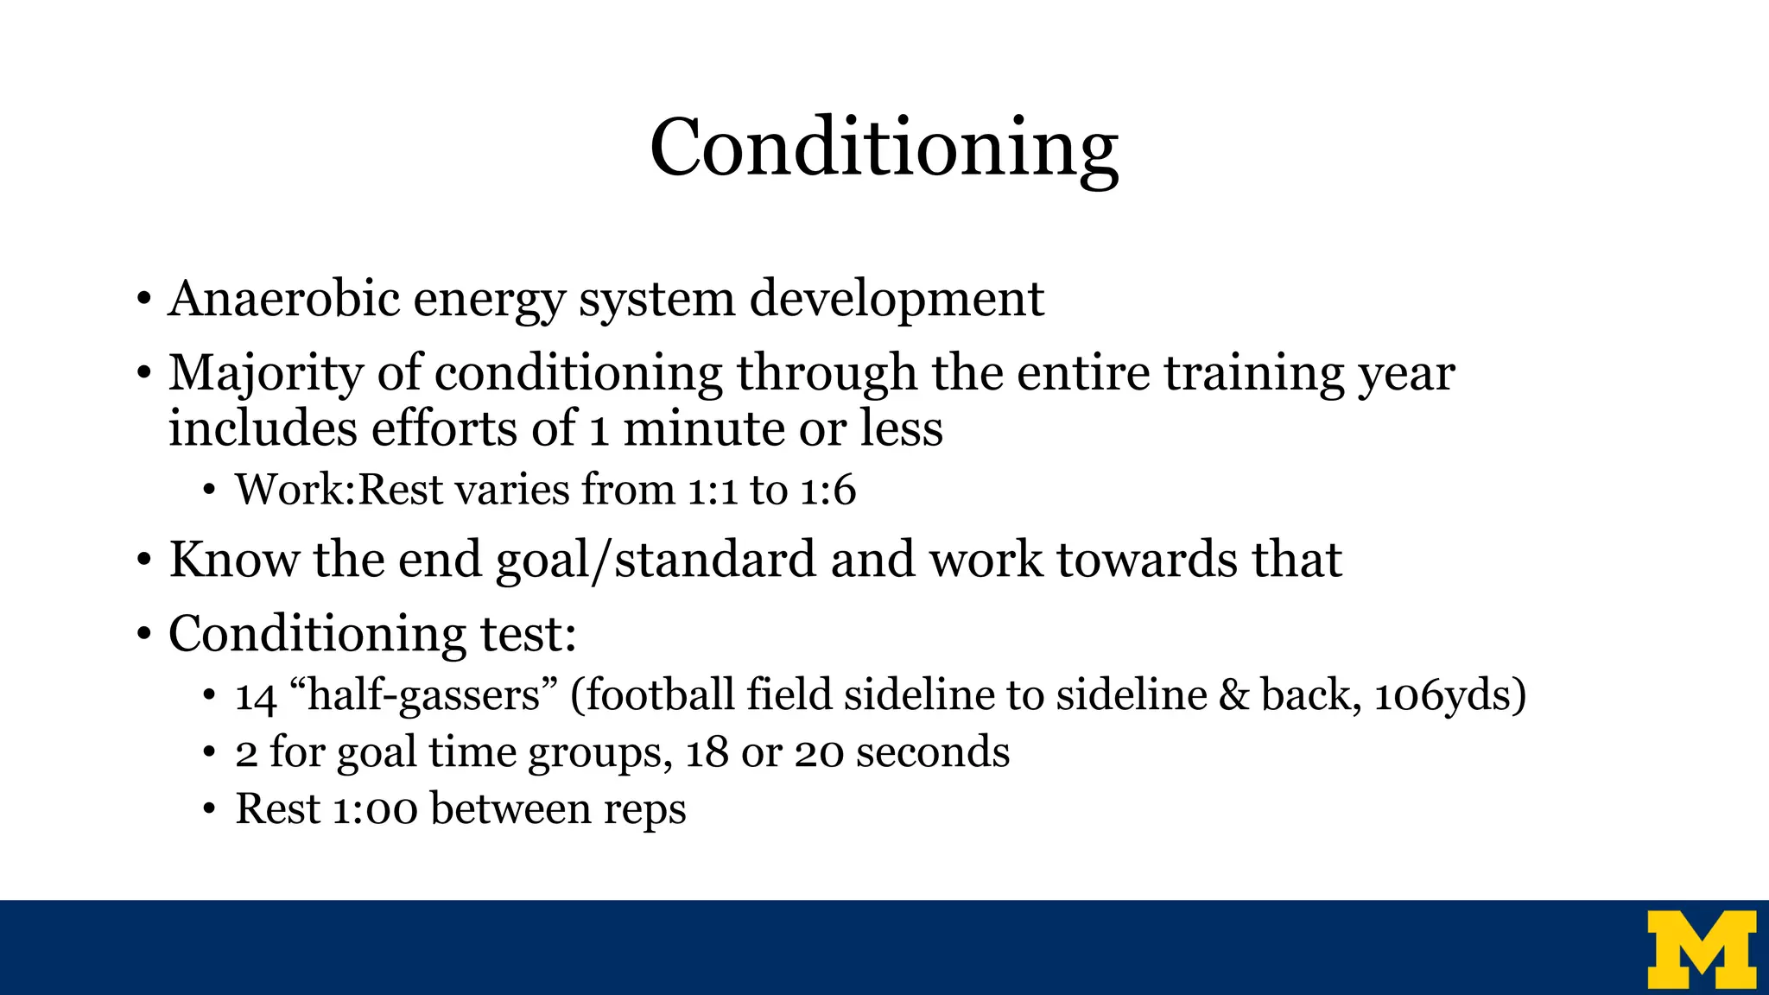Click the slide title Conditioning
click(x=884, y=149)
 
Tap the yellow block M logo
click(x=1701, y=948)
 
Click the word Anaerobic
click(x=284, y=299)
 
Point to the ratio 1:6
click(x=827, y=490)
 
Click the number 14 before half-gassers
click(x=255, y=696)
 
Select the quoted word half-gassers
click(x=424, y=696)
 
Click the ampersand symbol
click(x=1233, y=695)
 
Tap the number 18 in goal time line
click(x=707, y=752)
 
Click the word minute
click(x=703, y=429)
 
